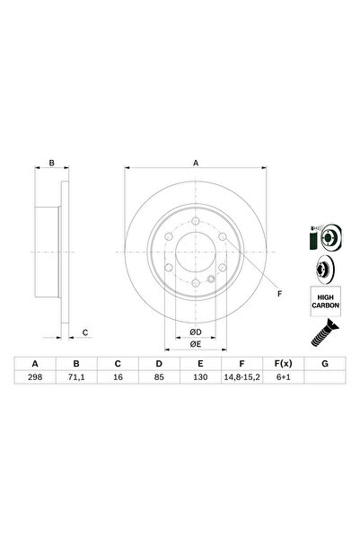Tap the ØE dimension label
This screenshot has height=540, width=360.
tap(194, 343)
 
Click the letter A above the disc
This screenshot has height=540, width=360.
tap(195, 163)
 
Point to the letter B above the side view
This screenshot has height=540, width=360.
tap(52, 163)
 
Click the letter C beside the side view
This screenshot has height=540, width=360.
tap(84, 333)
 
